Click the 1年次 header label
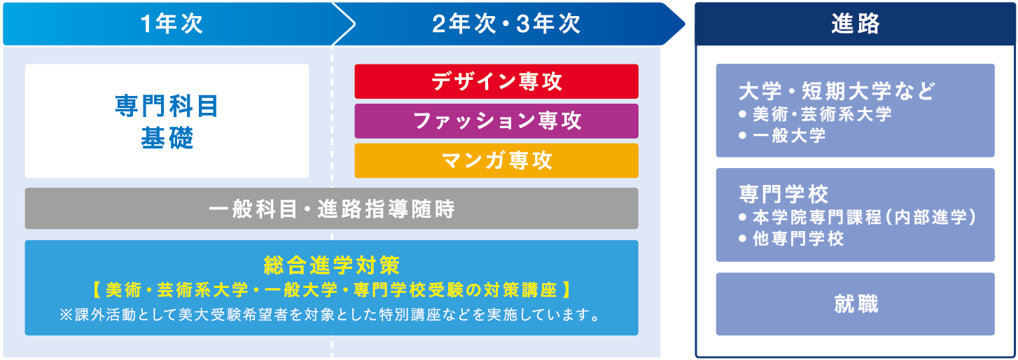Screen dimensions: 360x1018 point(172,25)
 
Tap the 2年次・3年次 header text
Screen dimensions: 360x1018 point(506,25)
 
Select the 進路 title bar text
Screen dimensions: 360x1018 point(856,25)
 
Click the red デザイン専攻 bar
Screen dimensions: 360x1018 point(496,81)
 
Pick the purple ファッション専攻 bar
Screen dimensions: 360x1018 point(496,121)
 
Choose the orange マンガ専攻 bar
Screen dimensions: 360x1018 point(496,160)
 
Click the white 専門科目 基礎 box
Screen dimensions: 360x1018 point(167,121)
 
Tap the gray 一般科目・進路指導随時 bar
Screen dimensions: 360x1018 point(331,209)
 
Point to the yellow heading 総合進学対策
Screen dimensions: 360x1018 point(331,265)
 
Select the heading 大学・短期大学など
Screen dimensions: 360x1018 point(837,92)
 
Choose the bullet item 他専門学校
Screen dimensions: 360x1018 point(798,239)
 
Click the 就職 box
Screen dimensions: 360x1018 point(856,304)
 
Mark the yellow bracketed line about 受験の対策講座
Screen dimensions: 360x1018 point(331,289)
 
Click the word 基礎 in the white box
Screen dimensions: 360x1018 point(167,138)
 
